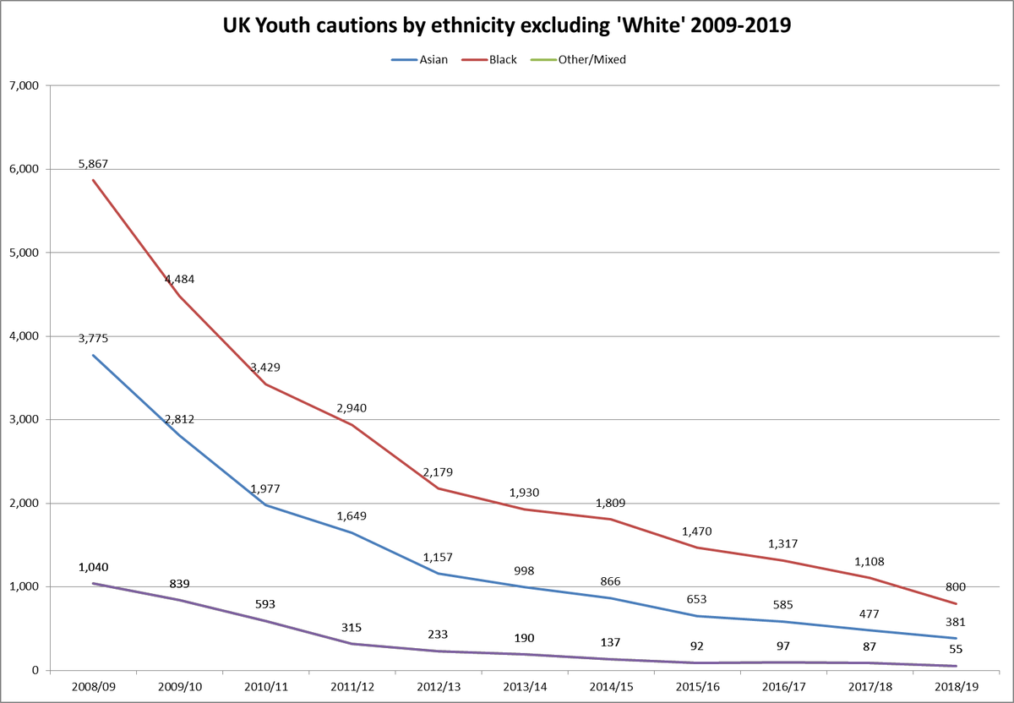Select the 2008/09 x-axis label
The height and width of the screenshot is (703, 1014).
tap(93, 686)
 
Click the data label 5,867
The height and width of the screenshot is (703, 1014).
tap(93, 164)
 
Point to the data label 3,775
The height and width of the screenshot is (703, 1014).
tap(93, 339)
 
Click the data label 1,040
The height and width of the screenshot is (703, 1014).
tap(93, 567)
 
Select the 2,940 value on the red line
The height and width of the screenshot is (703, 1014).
tap(352, 408)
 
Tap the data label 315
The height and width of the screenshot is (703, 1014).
tap(352, 628)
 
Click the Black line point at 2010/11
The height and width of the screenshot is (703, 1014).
tap(265, 384)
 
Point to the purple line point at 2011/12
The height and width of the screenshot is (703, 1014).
tap(352, 644)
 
